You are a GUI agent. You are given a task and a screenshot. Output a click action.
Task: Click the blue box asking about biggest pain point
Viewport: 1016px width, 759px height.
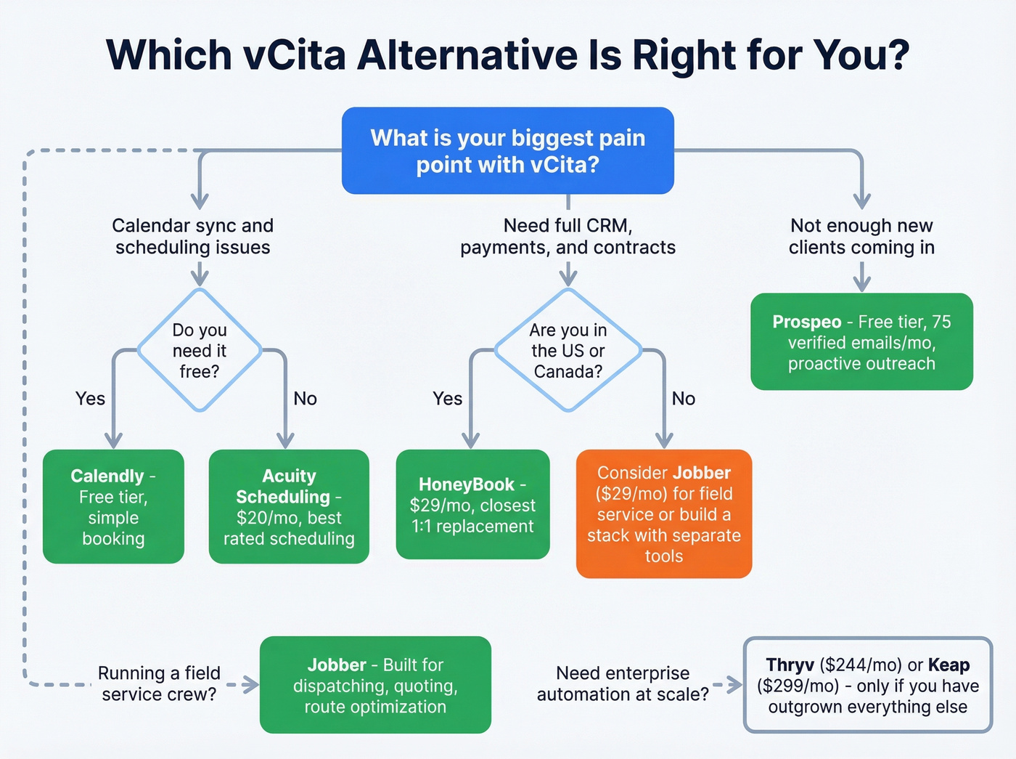tap(508, 150)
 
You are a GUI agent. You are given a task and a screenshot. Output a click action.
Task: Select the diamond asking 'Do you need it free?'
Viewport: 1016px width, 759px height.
tap(200, 350)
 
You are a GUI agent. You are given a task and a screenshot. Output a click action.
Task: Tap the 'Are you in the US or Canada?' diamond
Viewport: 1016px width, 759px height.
tap(568, 350)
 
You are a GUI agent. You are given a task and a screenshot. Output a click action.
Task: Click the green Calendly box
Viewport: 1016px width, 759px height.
tap(113, 506)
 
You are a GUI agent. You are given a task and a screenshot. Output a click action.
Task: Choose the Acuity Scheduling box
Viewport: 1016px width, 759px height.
tap(289, 506)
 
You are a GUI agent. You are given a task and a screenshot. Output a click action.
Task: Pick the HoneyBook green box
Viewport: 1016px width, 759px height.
tap(472, 505)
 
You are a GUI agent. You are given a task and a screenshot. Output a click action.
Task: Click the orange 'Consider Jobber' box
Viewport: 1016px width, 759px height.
tap(663, 514)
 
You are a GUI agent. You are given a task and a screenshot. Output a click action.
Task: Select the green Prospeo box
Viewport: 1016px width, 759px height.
tap(861, 341)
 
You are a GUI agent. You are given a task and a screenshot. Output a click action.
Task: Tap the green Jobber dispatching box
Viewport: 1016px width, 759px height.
tap(375, 685)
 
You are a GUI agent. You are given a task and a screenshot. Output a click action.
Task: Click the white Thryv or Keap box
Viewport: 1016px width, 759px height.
tap(867, 685)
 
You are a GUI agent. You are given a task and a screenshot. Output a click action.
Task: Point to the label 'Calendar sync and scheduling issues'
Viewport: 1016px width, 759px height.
tap(192, 237)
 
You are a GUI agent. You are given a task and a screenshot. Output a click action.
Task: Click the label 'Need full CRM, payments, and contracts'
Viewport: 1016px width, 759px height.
tap(568, 237)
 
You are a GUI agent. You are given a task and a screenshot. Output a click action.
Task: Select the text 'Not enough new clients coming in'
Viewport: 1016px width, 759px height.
tap(861, 237)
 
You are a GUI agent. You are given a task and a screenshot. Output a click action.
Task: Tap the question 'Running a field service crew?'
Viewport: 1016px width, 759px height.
tap(159, 683)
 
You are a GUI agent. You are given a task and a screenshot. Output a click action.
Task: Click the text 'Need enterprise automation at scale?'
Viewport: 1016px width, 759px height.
tap(623, 683)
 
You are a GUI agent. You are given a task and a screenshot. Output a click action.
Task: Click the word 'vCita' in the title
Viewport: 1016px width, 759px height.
tap(295, 54)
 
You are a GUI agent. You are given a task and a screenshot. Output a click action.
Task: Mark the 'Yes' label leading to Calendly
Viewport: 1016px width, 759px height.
tap(90, 399)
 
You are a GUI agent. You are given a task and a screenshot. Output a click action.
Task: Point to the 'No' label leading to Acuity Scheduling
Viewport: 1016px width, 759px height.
tap(305, 399)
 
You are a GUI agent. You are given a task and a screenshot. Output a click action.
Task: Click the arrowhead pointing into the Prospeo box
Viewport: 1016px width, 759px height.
tap(861, 285)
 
